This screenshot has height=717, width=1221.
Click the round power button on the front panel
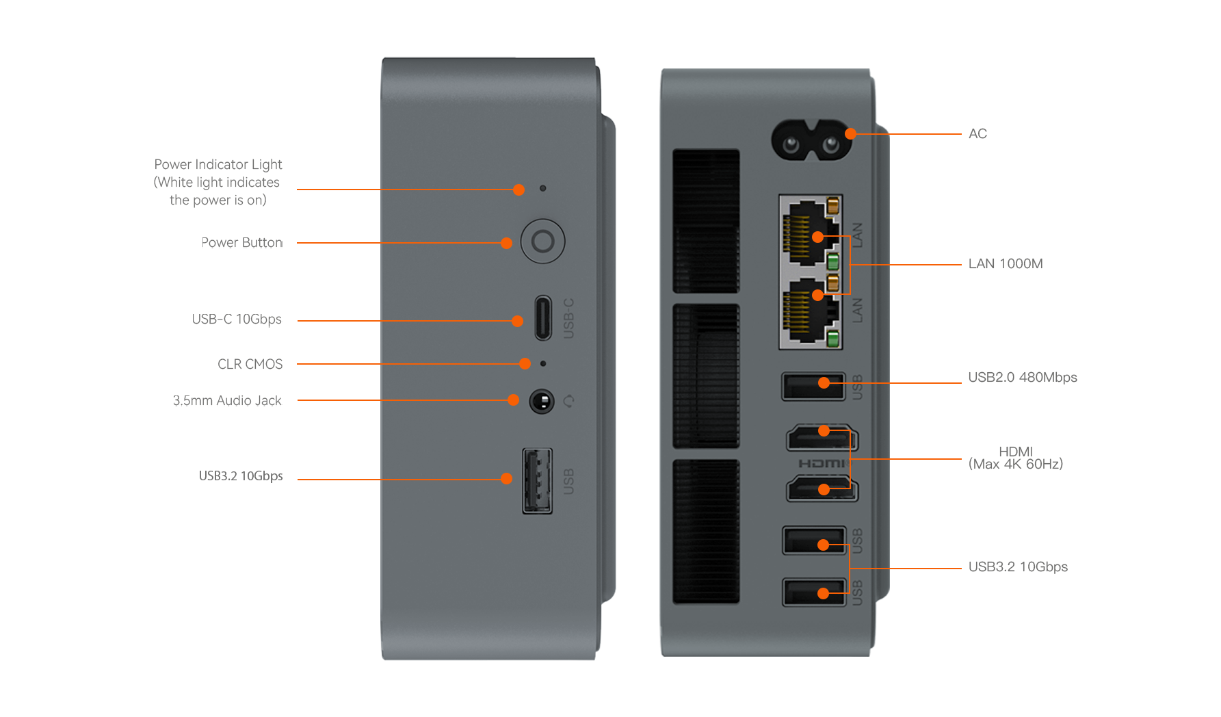(542, 242)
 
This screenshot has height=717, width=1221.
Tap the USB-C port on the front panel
(543, 317)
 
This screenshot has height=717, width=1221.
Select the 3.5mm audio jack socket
(542, 401)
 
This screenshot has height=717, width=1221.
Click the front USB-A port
(538, 480)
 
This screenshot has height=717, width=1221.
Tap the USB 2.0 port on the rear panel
(813, 387)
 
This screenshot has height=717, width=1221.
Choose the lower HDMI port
(822, 489)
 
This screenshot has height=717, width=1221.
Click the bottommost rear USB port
(814, 592)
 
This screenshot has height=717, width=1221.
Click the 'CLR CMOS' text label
(250, 364)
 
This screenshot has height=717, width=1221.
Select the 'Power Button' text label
(241, 243)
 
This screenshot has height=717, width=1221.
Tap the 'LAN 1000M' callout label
(1005, 264)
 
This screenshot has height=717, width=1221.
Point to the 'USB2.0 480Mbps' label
(1022, 378)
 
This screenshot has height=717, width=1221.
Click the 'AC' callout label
(977, 134)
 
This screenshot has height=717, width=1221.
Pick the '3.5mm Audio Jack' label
(227, 401)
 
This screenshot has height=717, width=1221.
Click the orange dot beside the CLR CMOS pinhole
(525, 364)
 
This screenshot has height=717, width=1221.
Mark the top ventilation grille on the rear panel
(706, 220)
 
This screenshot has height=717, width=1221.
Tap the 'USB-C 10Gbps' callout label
(237, 320)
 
